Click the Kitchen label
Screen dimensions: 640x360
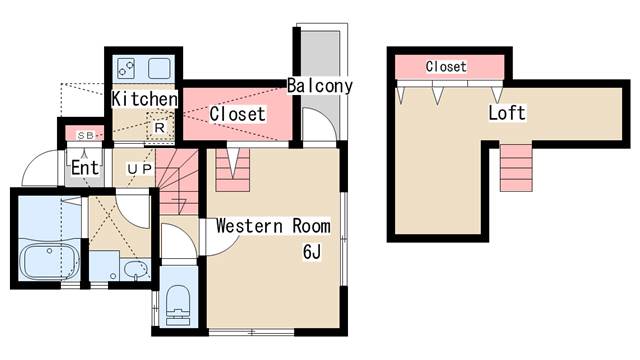pos(145,99)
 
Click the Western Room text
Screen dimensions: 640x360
pos(273,226)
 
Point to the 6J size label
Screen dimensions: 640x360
pos(312,251)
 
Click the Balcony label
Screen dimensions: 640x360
pos(320,85)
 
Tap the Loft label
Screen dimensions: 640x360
pos(507,113)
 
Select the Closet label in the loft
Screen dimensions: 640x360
pos(446,67)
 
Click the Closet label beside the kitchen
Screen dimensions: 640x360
pos(237,114)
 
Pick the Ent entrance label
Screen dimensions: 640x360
pos(85,167)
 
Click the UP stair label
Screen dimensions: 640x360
pos(140,169)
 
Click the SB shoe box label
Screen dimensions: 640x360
pos(86,136)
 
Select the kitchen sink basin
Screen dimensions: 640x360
pos(159,68)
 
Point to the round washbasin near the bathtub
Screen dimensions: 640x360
pos(136,270)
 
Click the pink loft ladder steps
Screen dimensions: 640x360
pos(516,168)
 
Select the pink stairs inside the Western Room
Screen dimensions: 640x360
pos(232,169)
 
